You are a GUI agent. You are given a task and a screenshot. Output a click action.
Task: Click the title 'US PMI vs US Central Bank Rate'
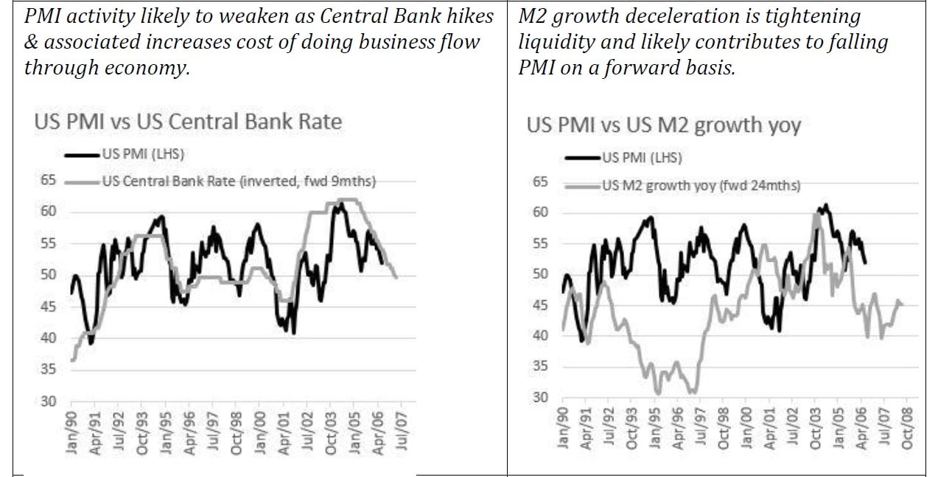188,121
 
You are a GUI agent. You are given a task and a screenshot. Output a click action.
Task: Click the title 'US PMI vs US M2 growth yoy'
663,125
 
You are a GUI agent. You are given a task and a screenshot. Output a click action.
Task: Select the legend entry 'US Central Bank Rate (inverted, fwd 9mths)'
239,182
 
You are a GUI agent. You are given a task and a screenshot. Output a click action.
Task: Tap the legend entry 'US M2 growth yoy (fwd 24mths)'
701,186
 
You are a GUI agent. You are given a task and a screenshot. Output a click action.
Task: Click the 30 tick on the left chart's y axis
48,401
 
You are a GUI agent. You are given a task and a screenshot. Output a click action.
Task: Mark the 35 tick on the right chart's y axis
541,366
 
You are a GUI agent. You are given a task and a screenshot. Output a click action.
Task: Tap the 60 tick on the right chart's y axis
541,212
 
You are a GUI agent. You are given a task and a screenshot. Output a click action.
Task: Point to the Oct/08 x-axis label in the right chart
908,428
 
